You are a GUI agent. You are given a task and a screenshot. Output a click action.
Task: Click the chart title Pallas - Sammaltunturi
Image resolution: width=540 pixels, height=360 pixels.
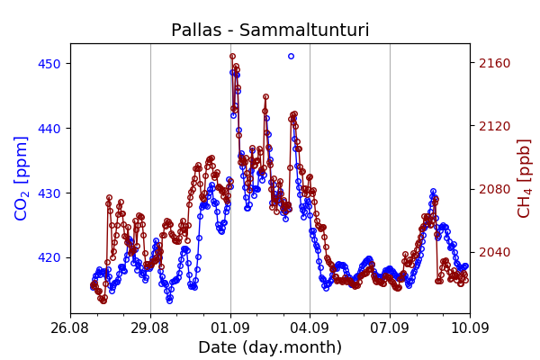[x=270, y=30]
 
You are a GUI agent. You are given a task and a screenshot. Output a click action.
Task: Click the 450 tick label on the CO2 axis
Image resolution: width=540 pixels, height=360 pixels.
[x=49, y=64]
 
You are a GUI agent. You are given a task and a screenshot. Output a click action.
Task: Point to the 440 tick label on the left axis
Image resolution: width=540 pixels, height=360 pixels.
[x=49, y=129]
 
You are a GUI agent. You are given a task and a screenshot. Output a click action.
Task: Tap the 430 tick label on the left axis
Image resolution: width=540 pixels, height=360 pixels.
[x=49, y=193]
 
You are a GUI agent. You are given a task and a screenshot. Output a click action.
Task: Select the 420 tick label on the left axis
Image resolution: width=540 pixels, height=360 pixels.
[x=49, y=257]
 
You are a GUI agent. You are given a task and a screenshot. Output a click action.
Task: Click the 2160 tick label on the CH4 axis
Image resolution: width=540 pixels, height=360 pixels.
[x=494, y=63]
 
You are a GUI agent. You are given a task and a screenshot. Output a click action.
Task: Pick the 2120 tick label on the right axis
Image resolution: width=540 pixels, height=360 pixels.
[x=494, y=126]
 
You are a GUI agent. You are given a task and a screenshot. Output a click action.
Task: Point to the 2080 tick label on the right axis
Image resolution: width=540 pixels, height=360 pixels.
[x=494, y=189]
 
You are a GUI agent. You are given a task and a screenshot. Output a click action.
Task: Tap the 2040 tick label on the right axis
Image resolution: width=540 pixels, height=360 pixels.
[x=494, y=252]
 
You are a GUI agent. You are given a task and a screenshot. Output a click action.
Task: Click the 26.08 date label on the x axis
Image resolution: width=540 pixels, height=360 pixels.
[x=70, y=328]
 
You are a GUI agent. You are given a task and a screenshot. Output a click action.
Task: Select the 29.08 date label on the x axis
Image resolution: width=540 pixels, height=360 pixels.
[x=149, y=328]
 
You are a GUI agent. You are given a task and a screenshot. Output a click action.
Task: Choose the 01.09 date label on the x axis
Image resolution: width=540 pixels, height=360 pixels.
[x=230, y=328]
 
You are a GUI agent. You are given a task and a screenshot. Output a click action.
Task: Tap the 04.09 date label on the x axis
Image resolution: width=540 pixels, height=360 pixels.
[x=310, y=328]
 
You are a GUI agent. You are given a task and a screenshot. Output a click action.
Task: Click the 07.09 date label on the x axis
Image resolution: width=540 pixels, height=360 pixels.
[x=390, y=328]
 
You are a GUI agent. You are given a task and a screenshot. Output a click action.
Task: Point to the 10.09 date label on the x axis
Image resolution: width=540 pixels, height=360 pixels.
[x=470, y=328]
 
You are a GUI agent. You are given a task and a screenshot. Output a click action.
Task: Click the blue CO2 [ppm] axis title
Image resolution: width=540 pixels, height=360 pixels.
[x=21, y=178]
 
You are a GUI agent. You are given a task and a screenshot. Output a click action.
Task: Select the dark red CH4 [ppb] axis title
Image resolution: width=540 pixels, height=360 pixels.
[x=524, y=178]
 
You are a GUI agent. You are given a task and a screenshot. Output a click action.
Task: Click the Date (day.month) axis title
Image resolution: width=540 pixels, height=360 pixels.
[x=270, y=347]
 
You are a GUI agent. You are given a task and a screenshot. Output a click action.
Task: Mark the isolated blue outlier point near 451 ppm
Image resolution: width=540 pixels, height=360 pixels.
[x=291, y=56]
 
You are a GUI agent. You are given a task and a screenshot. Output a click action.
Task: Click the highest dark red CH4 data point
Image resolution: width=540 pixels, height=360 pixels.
[x=233, y=56]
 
